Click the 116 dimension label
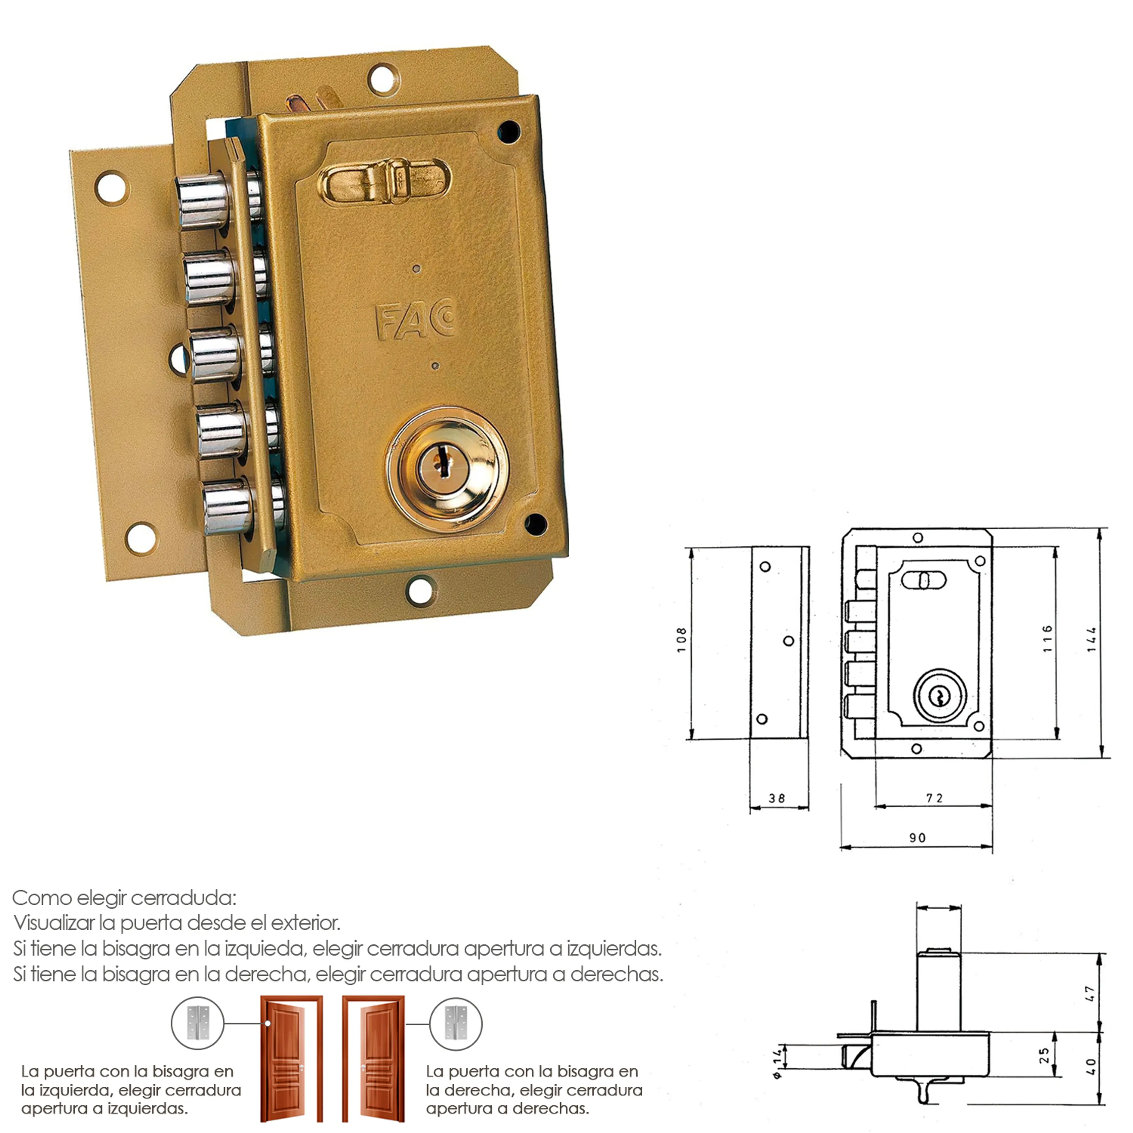(x=1047, y=639)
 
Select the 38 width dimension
(x=777, y=799)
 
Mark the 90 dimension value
(x=918, y=838)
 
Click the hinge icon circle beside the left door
(x=198, y=1023)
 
